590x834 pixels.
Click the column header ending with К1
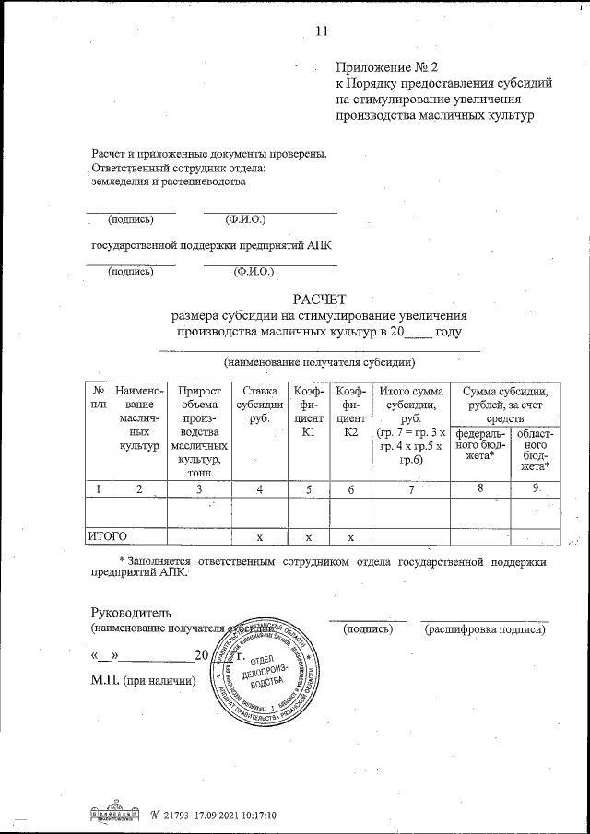coord(309,410)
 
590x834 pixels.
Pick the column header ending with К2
coord(350,410)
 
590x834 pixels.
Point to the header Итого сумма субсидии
coord(411,404)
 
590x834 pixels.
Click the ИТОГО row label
coord(107,534)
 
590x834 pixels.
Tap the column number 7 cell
coord(410,488)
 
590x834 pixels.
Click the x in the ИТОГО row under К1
coord(309,535)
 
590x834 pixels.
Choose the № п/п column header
coord(98,397)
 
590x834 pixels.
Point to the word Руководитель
coord(129,613)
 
